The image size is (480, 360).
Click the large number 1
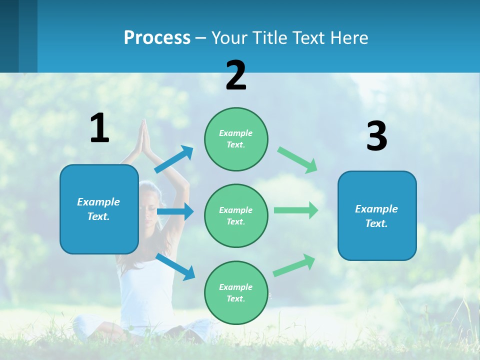point(99,128)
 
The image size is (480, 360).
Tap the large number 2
point(236,75)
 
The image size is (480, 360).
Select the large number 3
point(376,136)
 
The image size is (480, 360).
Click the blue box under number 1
point(99,209)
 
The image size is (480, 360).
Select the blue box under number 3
point(377,215)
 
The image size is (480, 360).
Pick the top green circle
point(236,139)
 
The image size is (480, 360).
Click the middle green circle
point(236,215)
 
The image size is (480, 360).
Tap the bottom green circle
point(236,292)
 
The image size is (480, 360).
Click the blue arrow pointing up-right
point(174,159)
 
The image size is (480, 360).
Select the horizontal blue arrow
point(175,211)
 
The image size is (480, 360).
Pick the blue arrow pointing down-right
point(175,266)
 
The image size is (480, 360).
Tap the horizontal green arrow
point(296,210)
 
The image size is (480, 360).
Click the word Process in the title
point(157,37)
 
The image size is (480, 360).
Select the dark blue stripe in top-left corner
point(9,36)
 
